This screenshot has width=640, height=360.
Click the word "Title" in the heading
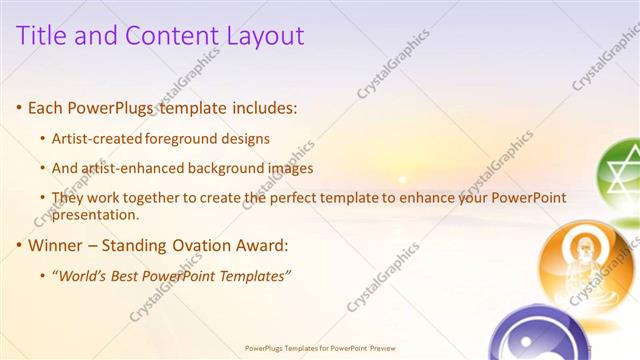46,36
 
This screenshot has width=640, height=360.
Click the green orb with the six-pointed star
620,171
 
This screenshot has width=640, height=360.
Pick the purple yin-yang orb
545,335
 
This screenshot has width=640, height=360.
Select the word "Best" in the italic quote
130,275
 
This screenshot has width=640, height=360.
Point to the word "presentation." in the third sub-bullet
95,214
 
